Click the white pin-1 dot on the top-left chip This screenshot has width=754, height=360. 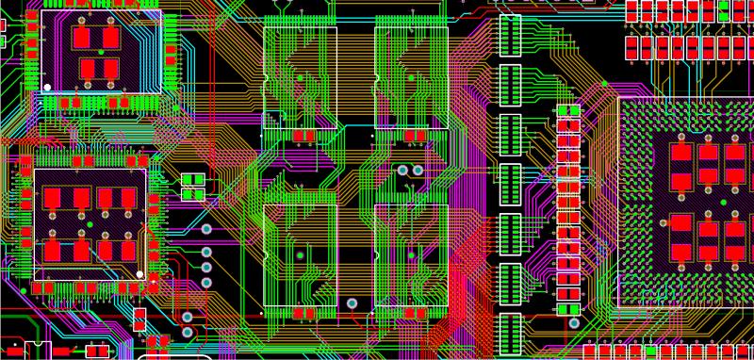point(47,88)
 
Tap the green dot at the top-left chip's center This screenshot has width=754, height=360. point(101,52)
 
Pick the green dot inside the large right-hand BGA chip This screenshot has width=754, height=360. point(724,203)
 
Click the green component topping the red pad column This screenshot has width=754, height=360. point(568,110)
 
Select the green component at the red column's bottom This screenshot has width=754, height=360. point(568,308)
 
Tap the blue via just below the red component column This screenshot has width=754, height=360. point(570,323)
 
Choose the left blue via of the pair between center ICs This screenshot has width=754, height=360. point(403,171)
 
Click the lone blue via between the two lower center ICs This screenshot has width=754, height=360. point(352,303)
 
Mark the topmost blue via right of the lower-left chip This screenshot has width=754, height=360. point(206,228)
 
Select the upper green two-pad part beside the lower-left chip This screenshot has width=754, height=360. point(192,179)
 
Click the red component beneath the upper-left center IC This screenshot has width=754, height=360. point(303,136)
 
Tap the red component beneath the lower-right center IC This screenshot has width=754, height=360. point(413,312)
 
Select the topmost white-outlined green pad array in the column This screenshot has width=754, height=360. point(510,35)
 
